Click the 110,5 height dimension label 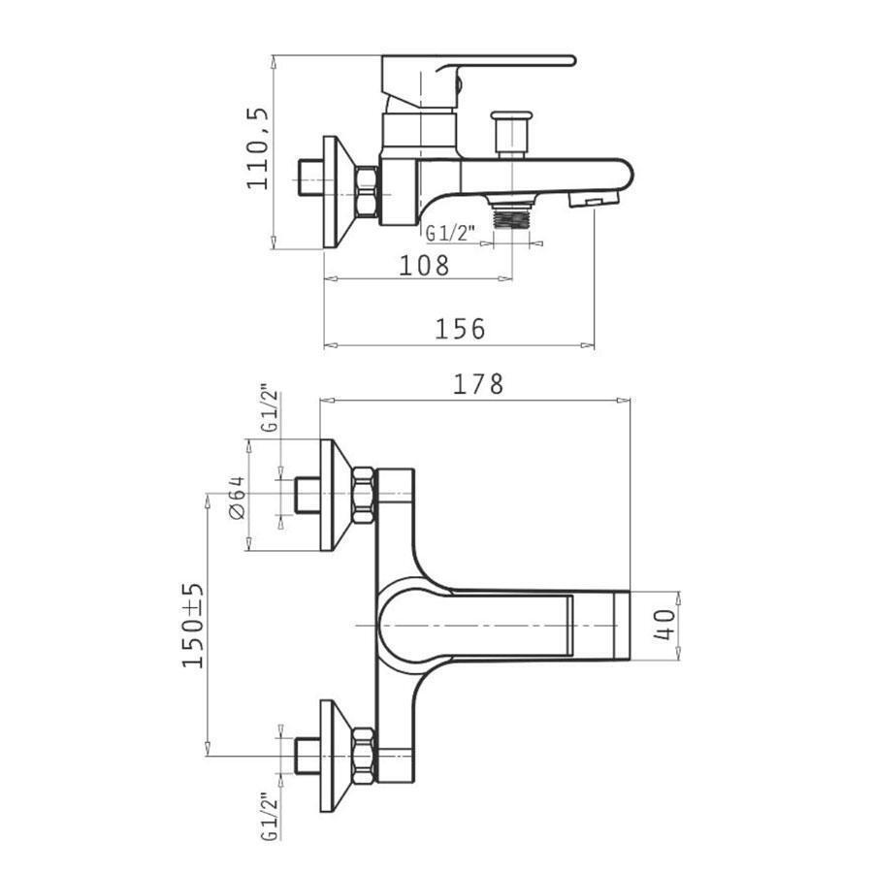click(258, 148)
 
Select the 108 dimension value click(424, 266)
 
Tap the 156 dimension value click(460, 329)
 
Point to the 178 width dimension click(478, 384)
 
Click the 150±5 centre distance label click(193, 626)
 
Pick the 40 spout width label click(664, 625)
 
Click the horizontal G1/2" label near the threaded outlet click(450, 233)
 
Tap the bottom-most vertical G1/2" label click(270, 817)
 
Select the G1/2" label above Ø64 click(270, 408)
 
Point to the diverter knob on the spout click(511, 134)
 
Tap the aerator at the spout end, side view click(594, 199)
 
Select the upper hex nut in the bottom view click(363, 495)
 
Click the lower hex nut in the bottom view click(363, 756)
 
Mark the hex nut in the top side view click(367, 191)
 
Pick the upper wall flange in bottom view click(336, 495)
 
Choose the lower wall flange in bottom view click(336, 756)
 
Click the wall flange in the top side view click(339, 193)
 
